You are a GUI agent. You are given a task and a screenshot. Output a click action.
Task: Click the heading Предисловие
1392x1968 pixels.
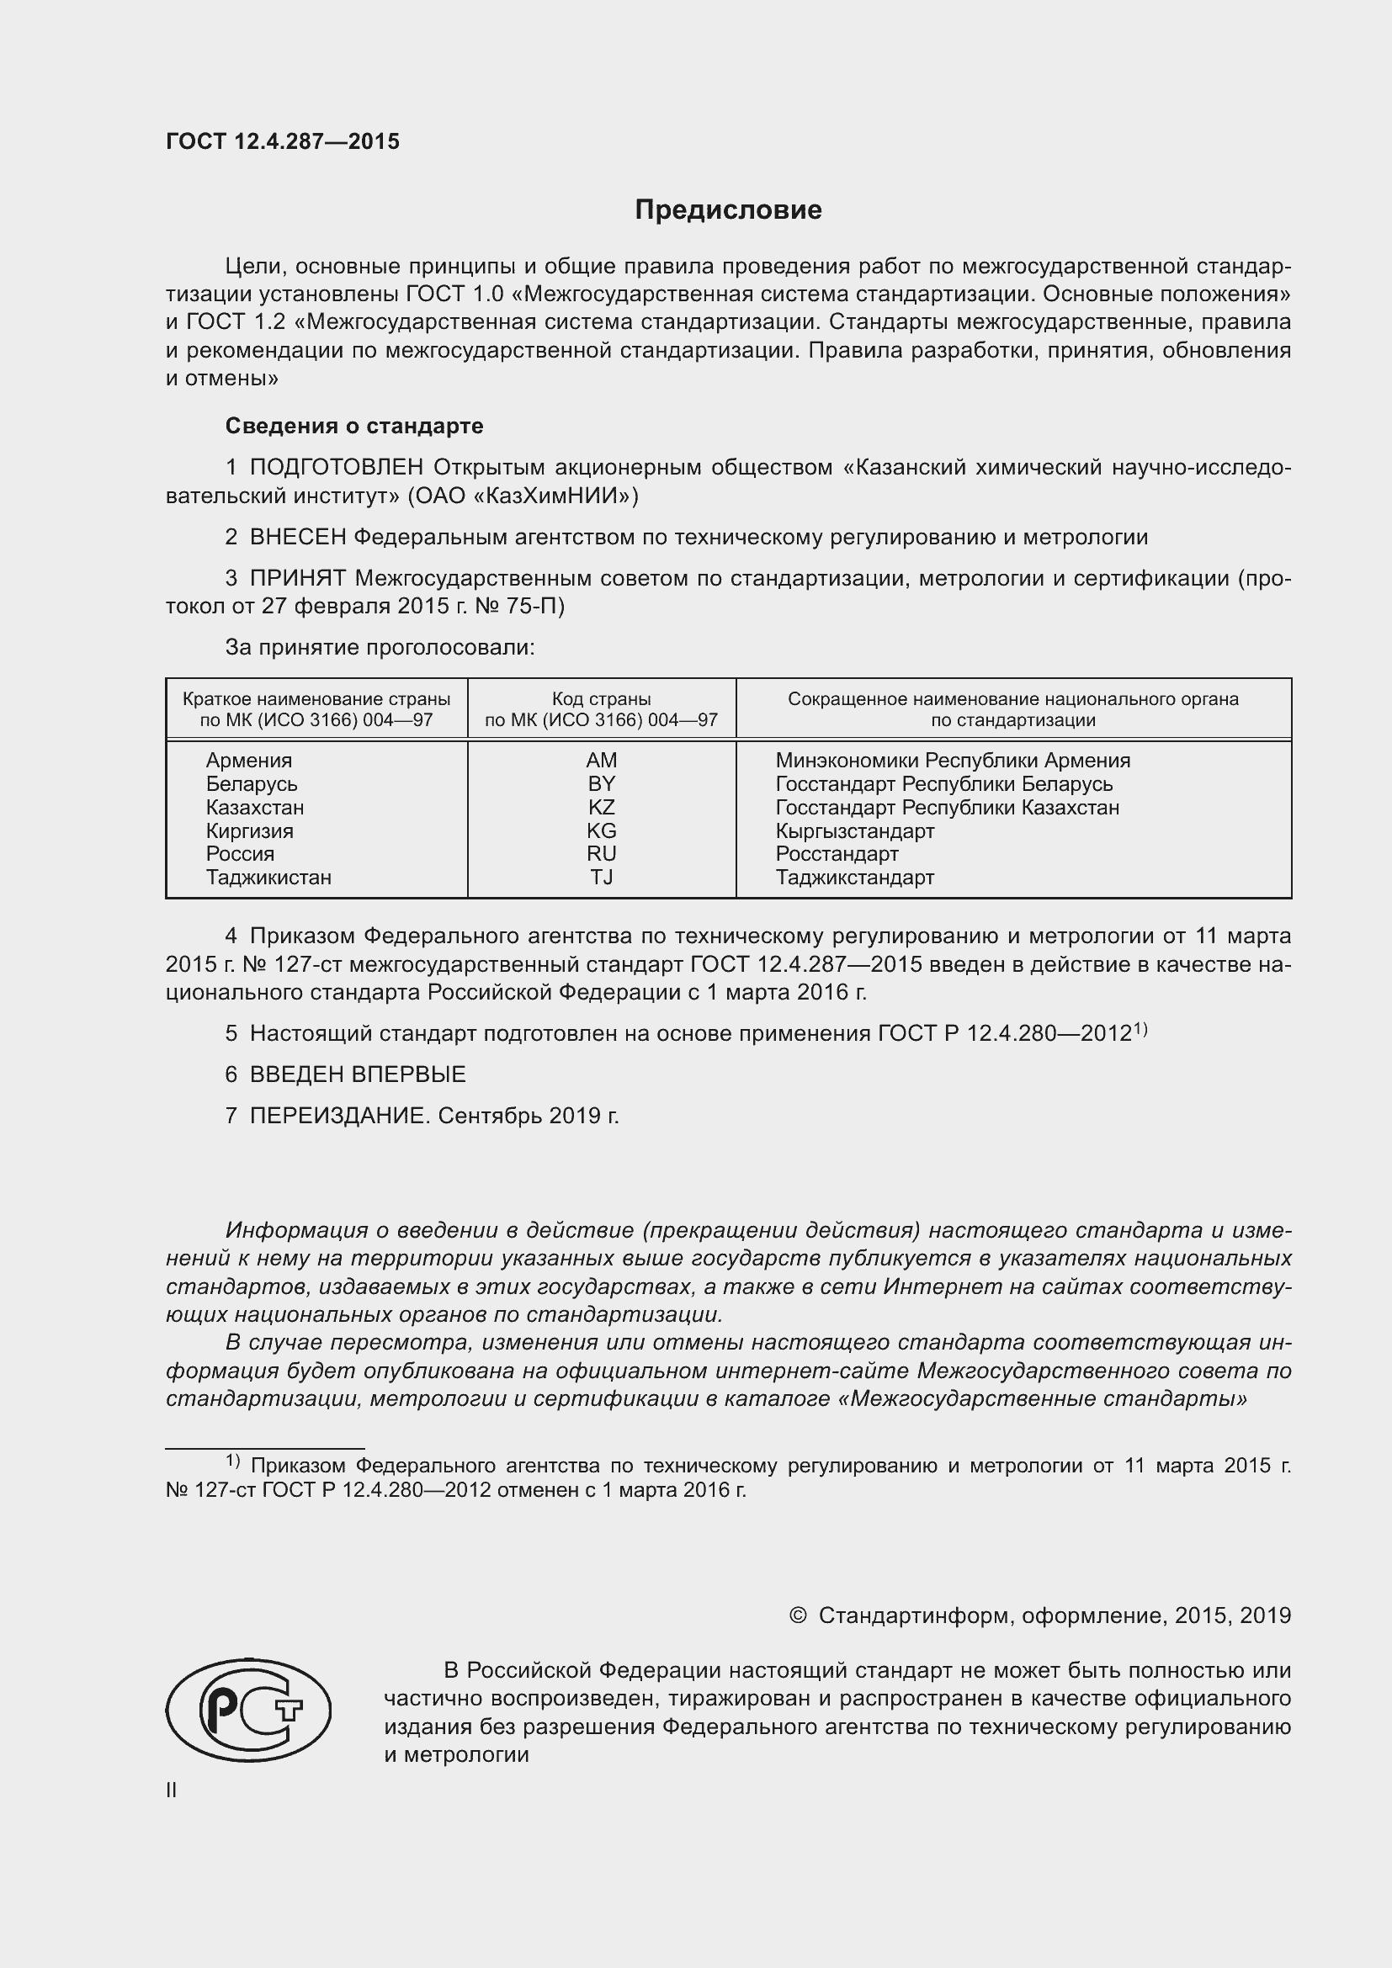728,210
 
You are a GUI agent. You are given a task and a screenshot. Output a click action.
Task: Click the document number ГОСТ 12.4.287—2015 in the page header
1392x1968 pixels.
283,142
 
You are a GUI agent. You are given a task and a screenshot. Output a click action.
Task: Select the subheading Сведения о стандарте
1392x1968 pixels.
354,426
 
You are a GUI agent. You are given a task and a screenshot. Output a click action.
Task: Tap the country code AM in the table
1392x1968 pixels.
602,761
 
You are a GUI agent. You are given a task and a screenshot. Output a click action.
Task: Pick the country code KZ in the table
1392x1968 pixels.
602,808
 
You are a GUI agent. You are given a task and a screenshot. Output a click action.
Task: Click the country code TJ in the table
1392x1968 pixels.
602,877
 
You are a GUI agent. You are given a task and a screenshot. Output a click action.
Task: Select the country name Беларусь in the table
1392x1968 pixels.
251,783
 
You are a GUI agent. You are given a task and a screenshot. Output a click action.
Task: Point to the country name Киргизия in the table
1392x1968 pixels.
249,830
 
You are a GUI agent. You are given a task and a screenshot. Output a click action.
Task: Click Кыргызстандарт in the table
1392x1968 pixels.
854,830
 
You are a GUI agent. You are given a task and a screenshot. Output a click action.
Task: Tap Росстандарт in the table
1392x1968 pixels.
837,854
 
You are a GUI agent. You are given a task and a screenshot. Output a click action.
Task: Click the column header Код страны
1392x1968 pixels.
601,698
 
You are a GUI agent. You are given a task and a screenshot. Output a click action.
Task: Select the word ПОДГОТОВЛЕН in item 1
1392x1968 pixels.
336,467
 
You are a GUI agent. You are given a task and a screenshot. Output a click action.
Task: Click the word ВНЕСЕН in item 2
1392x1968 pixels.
297,538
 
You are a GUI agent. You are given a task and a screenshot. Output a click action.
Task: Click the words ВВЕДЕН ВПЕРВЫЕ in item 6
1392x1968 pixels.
358,1074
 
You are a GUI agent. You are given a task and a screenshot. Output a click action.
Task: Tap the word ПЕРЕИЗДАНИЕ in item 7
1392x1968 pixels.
338,1116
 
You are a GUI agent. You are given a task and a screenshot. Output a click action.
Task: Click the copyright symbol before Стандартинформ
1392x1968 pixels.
797,1615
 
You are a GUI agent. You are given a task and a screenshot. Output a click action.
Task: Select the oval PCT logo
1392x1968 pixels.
248,1710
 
